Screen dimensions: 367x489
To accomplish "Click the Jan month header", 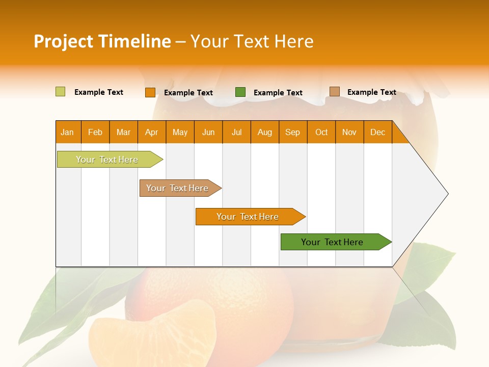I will coord(68,132).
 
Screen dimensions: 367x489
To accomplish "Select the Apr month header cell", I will coord(152,132).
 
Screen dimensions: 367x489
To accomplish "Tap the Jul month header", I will coord(236,132).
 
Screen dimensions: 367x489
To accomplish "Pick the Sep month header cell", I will coord(293,132).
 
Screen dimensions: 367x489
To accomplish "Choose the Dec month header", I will coord(377,132).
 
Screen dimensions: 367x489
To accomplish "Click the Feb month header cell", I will coord(95,132).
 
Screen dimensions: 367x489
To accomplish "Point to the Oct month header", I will coord(321,132).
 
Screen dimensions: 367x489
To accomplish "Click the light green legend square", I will coord(60,92).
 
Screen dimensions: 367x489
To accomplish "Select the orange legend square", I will coord(150,92).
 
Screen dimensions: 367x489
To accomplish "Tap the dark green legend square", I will coord(240,92).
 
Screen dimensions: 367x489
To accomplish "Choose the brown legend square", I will coord(335,92).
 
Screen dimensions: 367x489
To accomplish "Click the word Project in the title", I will coord(62,41).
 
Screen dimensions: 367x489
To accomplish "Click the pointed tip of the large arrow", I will coord(447,193).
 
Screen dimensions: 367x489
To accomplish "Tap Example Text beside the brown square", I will coord(371,92).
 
